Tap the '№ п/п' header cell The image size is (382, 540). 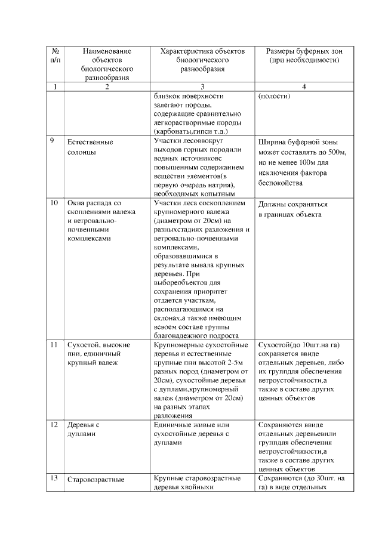[55, 56]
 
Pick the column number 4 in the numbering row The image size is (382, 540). [304, 87]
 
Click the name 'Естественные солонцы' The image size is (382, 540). [90, 147]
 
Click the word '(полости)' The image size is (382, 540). [274, 96]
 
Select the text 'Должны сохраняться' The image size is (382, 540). [292, 204]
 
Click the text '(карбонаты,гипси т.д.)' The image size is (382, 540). [191, 130]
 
